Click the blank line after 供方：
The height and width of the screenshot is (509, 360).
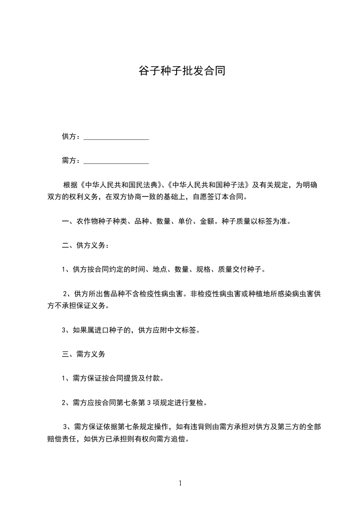click(x=116, y=137)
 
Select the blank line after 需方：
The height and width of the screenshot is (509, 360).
click(x=116, y=161)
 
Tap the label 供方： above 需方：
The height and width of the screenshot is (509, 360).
click(x=72, y=137)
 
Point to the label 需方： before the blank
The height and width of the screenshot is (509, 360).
click(x=72, y=160)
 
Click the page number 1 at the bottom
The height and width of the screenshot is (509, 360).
click(x=180, y=483)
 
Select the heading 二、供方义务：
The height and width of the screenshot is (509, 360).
click(x=85, y=245)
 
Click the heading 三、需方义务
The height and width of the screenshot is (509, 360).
click(x=83, y=353)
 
